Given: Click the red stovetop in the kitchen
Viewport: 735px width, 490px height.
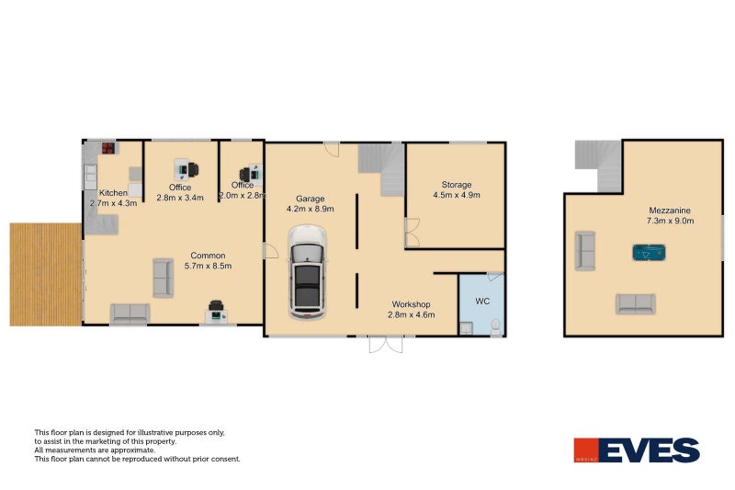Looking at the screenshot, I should [x=107, y=147].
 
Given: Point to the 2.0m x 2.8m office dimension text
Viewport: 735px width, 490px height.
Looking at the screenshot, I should [x=242, y=196].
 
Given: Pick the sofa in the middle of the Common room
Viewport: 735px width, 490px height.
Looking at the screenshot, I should [x=162, y=277].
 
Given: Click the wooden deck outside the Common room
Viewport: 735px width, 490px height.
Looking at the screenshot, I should [x=45, y=274].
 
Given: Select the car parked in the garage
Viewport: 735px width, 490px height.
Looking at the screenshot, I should [x=307, y=272].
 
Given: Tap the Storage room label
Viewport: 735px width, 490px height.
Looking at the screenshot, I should [x=456, y=184].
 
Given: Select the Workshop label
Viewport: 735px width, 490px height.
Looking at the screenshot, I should [x=411, y=303].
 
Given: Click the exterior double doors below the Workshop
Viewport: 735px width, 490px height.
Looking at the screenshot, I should [x=386, y=344].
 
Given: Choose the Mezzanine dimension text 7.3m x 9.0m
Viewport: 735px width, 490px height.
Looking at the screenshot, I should [x=670, y=221].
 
